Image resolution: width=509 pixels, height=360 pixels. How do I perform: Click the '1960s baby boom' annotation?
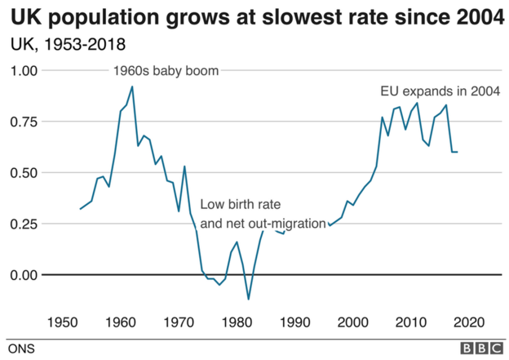(x=165, y=71)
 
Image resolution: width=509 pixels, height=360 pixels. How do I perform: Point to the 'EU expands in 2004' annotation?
(x=440, y=91)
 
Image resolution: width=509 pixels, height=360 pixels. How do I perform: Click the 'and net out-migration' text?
(x=263, y=222)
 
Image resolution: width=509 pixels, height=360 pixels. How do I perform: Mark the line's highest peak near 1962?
(x=132, y=87)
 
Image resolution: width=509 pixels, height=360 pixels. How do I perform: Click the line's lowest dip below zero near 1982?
(x=248, y=300)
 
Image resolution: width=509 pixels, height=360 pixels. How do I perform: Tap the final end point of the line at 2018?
(x=457, y=152)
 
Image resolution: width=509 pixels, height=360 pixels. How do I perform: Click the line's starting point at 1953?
(x=80, y=209)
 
